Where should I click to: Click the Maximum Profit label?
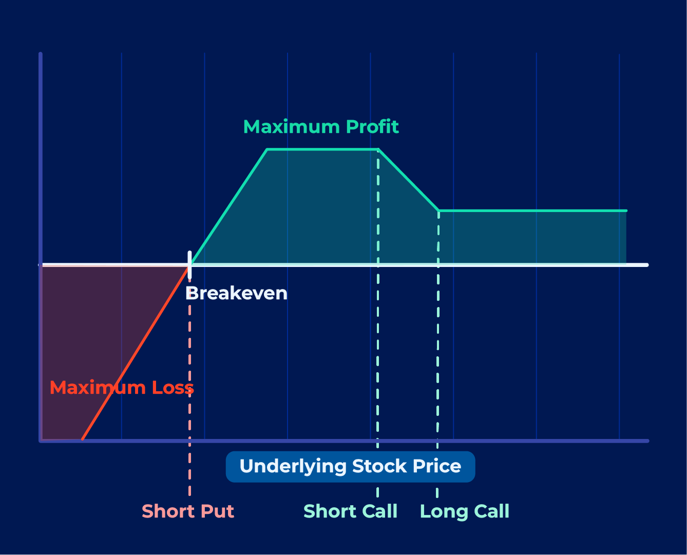pos(321,126)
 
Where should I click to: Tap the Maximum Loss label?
pos(122,387)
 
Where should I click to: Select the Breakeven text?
pos(236,293)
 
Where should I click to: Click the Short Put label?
pos(188,511)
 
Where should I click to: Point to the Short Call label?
pos(350,511)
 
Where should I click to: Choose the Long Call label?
pos(465,512)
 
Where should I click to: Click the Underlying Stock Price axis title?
pos(350,467)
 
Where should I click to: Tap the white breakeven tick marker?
pos(189,265)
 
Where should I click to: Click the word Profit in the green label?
pos(372,126)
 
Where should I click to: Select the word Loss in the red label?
pos(173,387)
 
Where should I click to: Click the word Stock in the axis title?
pos(379,466)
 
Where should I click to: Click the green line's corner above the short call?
pos(378,149)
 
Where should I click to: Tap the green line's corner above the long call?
pos(438,211)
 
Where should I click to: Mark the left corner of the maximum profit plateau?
pos(267,149)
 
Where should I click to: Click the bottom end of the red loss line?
pos(83,439)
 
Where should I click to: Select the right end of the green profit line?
pos(626,211)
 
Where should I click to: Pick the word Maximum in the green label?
pos(292,127)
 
